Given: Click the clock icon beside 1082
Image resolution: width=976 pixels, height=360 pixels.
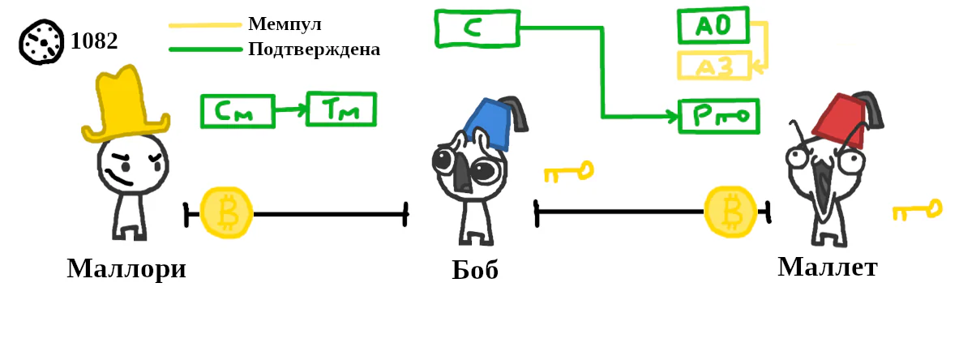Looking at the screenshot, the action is coord(41,42).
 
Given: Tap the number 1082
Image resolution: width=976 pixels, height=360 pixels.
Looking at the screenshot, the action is coord(94,41).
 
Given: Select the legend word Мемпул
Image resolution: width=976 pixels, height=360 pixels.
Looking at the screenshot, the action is coord(285,24).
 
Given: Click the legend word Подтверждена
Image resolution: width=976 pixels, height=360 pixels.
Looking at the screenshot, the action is coord(314,49).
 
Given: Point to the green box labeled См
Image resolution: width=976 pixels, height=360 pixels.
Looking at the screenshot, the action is coord(238,111).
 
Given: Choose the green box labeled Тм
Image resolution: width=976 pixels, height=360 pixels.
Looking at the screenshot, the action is coord(341,109).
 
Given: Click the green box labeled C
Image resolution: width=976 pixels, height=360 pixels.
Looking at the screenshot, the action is coord(477,28).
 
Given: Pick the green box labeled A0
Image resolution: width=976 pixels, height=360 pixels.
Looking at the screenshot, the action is coord(713,25).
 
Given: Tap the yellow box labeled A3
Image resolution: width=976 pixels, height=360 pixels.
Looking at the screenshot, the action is coord(714,66).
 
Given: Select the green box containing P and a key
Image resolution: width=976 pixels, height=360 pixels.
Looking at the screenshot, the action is coord(719,116).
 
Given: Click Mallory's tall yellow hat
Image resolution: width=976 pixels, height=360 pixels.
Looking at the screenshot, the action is coord(125,104).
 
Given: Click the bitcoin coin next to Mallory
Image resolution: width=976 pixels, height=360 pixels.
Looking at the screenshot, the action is coord(227,212).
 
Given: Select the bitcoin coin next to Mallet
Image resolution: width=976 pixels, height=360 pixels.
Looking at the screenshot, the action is coord(730,212).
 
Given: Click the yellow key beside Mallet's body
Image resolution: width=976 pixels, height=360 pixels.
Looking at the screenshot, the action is coord(918,210).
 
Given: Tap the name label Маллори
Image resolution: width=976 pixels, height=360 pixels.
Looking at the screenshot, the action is coord(126,268).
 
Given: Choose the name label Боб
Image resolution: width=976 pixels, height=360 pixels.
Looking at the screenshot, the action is coord(475,269).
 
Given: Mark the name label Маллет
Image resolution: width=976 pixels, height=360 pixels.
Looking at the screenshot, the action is coord(828,267).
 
